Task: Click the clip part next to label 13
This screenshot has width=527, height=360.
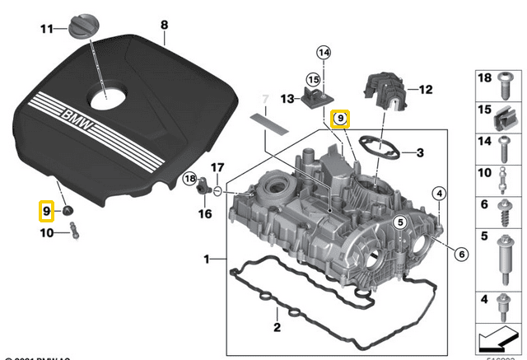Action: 315,101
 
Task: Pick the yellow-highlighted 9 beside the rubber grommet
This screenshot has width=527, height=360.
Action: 47,211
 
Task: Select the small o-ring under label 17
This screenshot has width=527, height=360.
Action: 216,192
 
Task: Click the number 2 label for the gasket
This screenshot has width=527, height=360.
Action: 277,328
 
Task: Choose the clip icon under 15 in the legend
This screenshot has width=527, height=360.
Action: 502,122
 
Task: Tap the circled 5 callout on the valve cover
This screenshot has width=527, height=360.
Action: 400,222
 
